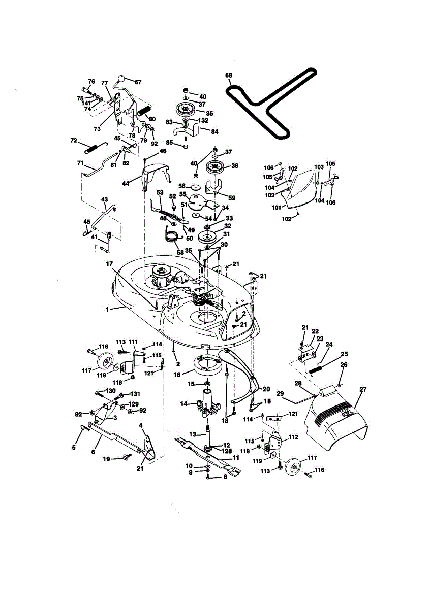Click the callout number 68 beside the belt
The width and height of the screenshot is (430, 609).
(228, 75)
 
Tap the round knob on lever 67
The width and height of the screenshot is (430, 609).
(122, 79)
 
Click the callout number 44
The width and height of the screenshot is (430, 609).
(125, 184)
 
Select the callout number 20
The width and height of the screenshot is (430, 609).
(266, 389)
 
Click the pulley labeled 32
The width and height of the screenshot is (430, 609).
(208, 237)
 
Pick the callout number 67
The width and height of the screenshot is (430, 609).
(138, 82)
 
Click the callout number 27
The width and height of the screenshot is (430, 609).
(362, 389)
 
